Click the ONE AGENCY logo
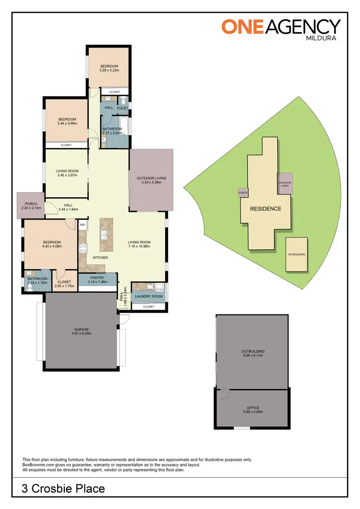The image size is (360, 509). (281, 26)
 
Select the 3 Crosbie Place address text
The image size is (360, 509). (63, 489)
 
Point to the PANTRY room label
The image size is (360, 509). (97, 279)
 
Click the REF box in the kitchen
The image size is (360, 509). (83, 225)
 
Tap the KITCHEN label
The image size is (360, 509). (100, 258)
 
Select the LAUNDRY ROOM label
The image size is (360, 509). (149, 296)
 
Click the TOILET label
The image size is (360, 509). (122, 108)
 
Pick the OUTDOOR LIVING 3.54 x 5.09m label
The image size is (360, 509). (151, 180)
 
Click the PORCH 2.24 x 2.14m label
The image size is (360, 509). (30, 206)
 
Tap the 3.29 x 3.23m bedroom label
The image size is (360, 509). (109, 68)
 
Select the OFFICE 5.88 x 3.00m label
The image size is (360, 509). (253, 410)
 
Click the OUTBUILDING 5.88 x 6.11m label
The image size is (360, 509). (253, 353)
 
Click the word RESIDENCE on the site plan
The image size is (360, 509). (265, 209)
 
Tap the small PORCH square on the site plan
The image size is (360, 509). (243, 193)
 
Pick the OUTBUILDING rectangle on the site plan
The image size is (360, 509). (296, 254)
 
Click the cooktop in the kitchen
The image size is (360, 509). (82, 248)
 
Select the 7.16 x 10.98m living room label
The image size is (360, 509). (139, 244)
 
